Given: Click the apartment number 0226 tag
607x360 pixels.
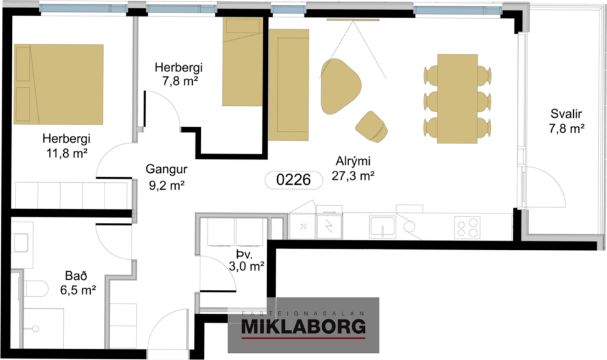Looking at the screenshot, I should [x=293, y=180].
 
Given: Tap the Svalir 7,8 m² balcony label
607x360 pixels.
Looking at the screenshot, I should [x=567, y=121].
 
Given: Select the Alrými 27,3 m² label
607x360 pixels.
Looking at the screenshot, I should [x=353, y=169].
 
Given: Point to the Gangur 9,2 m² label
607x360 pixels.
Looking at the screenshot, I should [x=166, y=177].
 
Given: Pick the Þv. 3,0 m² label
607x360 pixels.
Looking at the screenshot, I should [x=244, y=260].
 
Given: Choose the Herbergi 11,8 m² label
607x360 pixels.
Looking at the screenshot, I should [x=64, y=145].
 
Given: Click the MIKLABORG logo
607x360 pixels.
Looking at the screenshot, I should [x=303, y=326].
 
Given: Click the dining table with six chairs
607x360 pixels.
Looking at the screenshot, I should [x=457, y=98].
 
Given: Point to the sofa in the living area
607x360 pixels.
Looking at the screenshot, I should [x=288, y=84].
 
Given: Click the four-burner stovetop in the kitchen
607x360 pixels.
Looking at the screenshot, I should [x=467, y=226].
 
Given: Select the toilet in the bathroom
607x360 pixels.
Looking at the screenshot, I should [x=37, y=289].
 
